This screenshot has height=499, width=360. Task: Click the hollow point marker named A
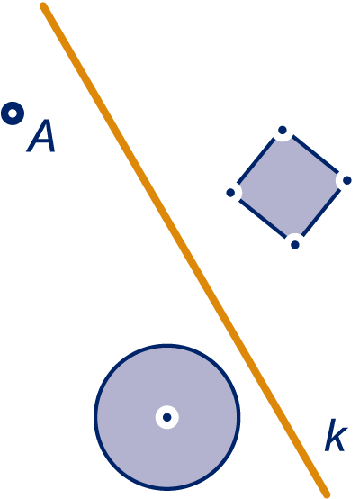click(x=13, y=113)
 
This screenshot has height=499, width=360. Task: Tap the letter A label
click(x=41, y=136)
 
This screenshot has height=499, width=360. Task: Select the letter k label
click(x=336, y=435)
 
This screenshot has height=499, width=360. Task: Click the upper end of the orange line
click(x=43, y=6)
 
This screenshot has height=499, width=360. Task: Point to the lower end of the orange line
click(x=327, y=494)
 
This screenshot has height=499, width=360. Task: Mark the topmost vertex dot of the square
click(x=283, y=131)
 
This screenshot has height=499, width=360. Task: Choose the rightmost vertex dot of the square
click(x=347, y=180)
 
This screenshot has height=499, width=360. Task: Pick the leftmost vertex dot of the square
click(x=230, y=193)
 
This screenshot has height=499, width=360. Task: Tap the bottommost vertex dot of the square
click(x=295, y=245)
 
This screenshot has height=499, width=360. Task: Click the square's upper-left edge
click(x=256, y=161)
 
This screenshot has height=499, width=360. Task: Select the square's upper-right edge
click(x=315, y=154)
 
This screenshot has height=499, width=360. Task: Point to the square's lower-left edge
click(x=263, y=219)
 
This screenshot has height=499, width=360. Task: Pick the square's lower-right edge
click(x=321, y=213)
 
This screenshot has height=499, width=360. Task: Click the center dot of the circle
click(x=167, y=417)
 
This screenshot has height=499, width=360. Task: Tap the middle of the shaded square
click(x=289, y=187)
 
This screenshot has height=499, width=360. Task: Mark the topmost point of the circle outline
click(x=167, y=345)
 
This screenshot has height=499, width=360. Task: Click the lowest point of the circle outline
click(x=167, y=489)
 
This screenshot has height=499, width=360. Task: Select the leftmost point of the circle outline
click(x=95, y=417)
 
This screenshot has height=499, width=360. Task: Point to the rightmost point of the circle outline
click(x=239, y=417)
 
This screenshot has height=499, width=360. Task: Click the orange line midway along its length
click(x=185, y=250)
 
